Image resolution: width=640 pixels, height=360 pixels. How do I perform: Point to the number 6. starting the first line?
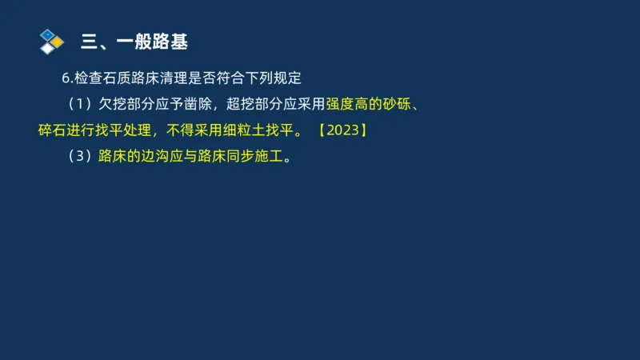[x=67, y=78]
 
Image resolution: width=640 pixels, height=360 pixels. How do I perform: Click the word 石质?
[x=119, y=78]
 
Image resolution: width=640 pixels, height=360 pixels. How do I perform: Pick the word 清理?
[x=181, y=78]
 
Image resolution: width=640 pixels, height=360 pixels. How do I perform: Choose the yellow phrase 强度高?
[x=347, y=103]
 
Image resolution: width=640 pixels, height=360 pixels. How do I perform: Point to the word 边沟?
[x=150, y=155]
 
